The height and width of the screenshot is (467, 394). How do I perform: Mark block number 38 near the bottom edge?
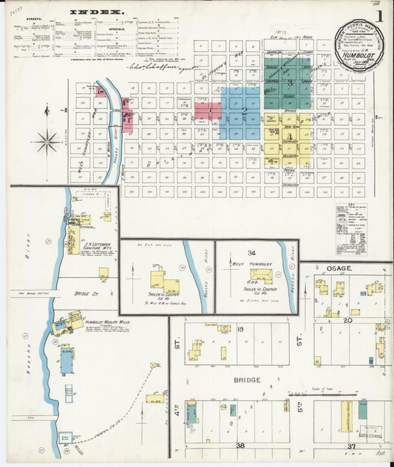pos(240,446)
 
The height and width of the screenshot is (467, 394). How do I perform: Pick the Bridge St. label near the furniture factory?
pos(82,293)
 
